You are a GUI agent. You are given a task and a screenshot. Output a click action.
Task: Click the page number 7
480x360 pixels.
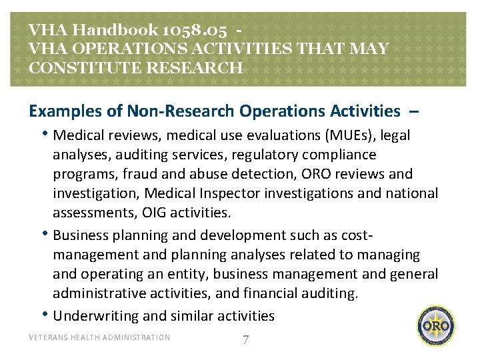[245, 340]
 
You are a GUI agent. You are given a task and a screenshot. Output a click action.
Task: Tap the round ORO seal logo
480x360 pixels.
[437, 326]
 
